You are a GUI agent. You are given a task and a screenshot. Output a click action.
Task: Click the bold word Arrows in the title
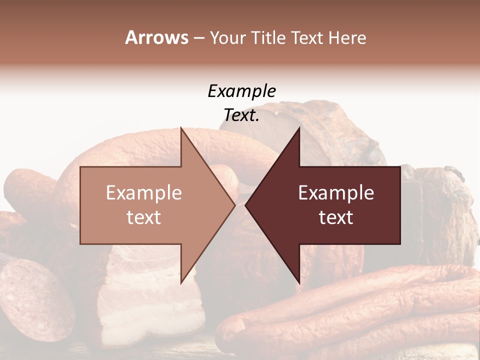pyautogui.click(x=156, y=37)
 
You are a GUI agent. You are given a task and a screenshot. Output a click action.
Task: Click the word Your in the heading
pyautogui.click(x=228, y=37)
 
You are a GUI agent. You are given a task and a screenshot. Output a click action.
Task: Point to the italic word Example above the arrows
pyautogui.click(x=241, y=91)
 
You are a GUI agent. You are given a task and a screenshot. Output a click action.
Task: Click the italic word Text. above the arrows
pyautogui.click(x=241, y=115)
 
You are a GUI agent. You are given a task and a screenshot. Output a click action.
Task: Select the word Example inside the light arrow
pyautogui.click(x=144, y=193)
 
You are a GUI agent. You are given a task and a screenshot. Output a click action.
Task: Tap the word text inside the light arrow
pyautogui.click(x=144, y=217)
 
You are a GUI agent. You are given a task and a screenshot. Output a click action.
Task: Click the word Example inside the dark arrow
pyautogui.click(x=336, y=193)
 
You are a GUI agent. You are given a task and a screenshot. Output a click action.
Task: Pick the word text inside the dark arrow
pyautogui.click(x=336, y=217)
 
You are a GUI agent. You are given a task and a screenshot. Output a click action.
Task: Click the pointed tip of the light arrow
pyautogui.click(x=234, y=205)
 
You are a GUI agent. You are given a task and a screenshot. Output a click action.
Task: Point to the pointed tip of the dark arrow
pyautogui.click(x=245, y=205)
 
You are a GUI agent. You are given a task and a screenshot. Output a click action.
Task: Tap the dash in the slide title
pyautogui.click(x=198, y=38)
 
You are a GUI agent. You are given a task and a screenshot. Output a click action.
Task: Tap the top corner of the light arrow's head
pyautogui.click(x=181, y=128)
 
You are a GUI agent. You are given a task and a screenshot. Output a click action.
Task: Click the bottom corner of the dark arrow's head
pyautogui.click(x=299, y=283)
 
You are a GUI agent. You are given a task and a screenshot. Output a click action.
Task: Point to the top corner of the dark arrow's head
pyautogui.click(x=299, y=128)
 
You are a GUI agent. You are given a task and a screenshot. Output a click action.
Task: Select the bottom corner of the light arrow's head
pyautogui.click(x=181, y=283)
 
